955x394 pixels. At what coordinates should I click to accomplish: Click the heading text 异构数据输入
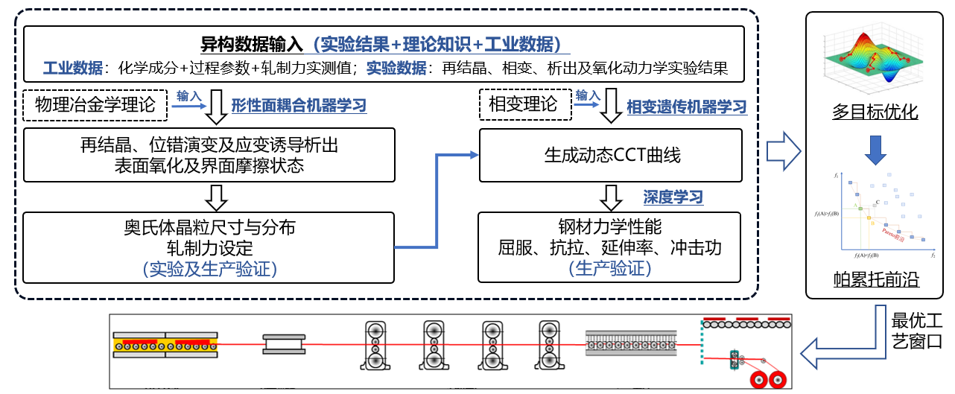pyautogui.click(x=253, y=44)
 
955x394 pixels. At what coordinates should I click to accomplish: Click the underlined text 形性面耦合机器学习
pyautogui.click(x=299, y=107)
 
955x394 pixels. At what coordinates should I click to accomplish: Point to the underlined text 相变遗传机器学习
pyautogui.click(x=686, y=107)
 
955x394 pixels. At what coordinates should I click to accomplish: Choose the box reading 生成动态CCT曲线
pyautogui.click(x=610, y=156)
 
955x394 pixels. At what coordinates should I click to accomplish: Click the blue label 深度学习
pyautogui.click(x=673, y=197)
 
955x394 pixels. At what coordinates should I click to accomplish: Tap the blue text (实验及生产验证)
pyautogui.click(x=209, y=268)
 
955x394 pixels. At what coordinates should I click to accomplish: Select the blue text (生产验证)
pyautogui.click(x=609, y=268)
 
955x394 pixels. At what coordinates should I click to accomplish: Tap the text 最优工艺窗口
pyautogui.click(x=917, y=332)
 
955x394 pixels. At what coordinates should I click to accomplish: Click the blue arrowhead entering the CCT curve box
pyautogui.click(x=473, y=155)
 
